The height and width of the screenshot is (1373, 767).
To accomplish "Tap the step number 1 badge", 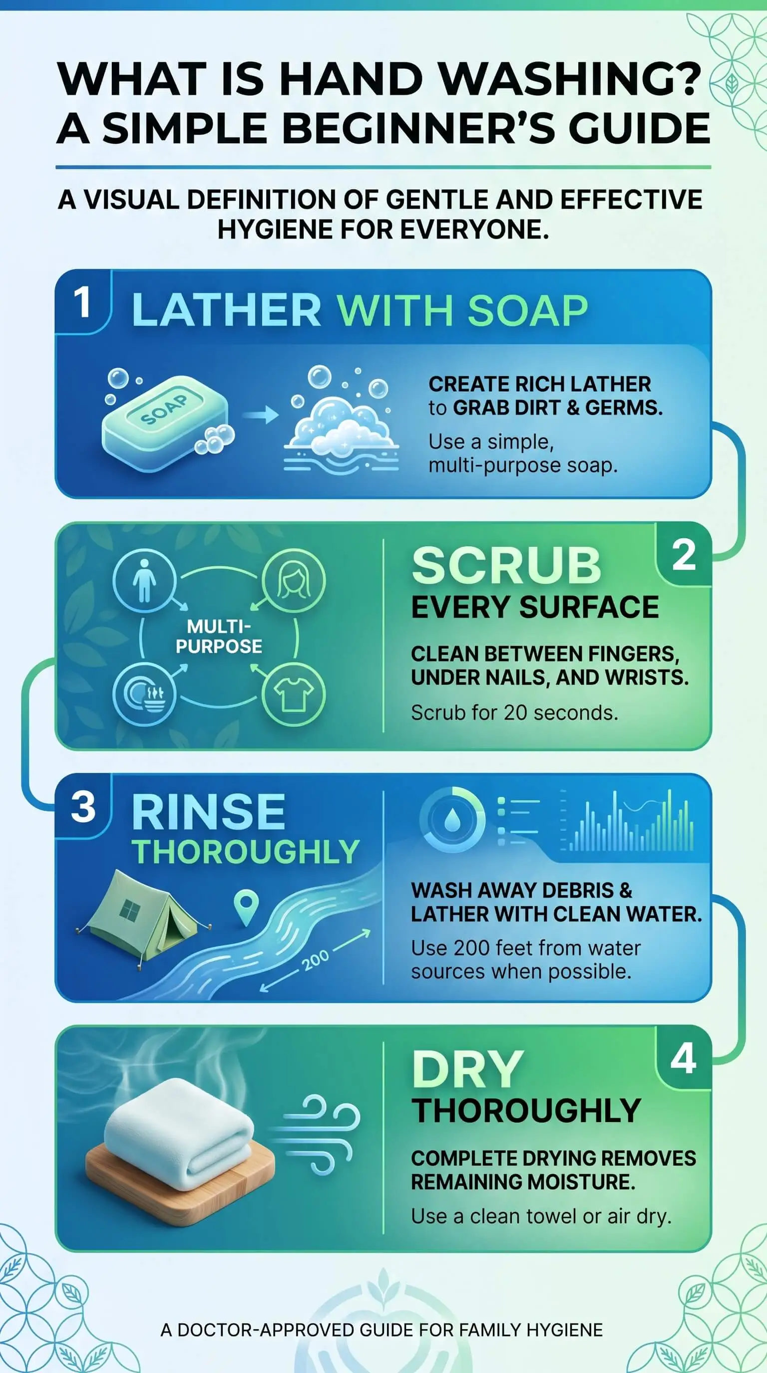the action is [83, 302].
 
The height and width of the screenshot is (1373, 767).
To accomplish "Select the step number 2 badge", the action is [683, 554].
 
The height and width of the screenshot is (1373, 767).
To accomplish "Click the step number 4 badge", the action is [683, 1059].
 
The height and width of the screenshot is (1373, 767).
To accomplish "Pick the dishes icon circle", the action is [144, 694].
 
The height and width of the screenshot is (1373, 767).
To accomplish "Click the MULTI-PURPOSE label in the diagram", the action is [219, 636].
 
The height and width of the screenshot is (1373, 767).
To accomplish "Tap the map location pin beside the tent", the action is [246, 907].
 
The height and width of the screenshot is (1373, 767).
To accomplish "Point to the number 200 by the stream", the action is [315, 960].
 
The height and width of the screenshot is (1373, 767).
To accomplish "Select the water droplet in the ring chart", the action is [452, 818].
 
